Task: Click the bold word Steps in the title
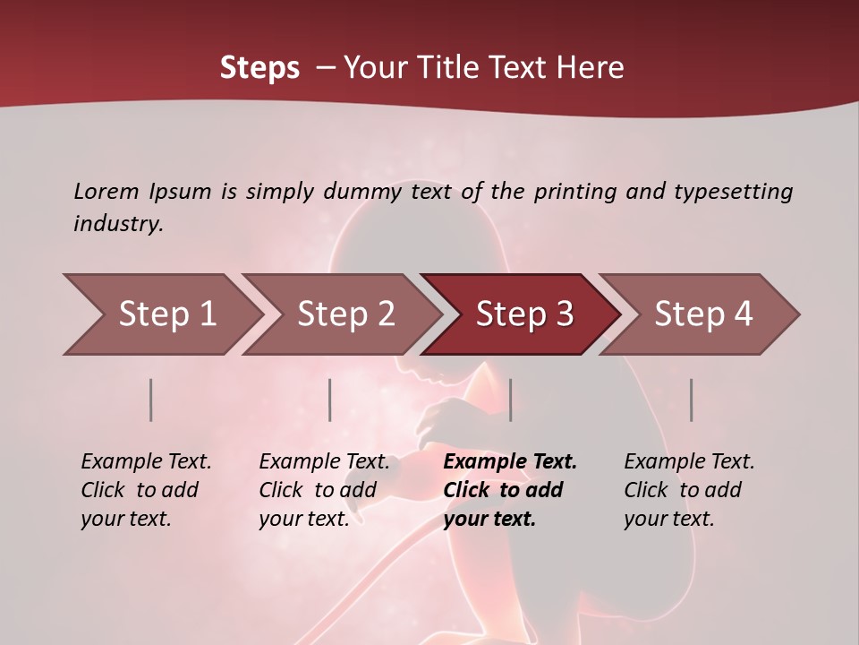coord(259,68)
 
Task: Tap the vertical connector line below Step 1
coord(151,400)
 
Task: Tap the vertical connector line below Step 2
coord(330,400)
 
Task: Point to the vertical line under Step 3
coord(510,400)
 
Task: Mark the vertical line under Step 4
coord(692,400)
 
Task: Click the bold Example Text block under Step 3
coord(510,490)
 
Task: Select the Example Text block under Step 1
coord(146,490)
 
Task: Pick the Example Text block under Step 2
coord(324,490)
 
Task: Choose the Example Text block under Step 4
coord(689,490)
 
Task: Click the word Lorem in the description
coord(106,192)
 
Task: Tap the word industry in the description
coord(117,224)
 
